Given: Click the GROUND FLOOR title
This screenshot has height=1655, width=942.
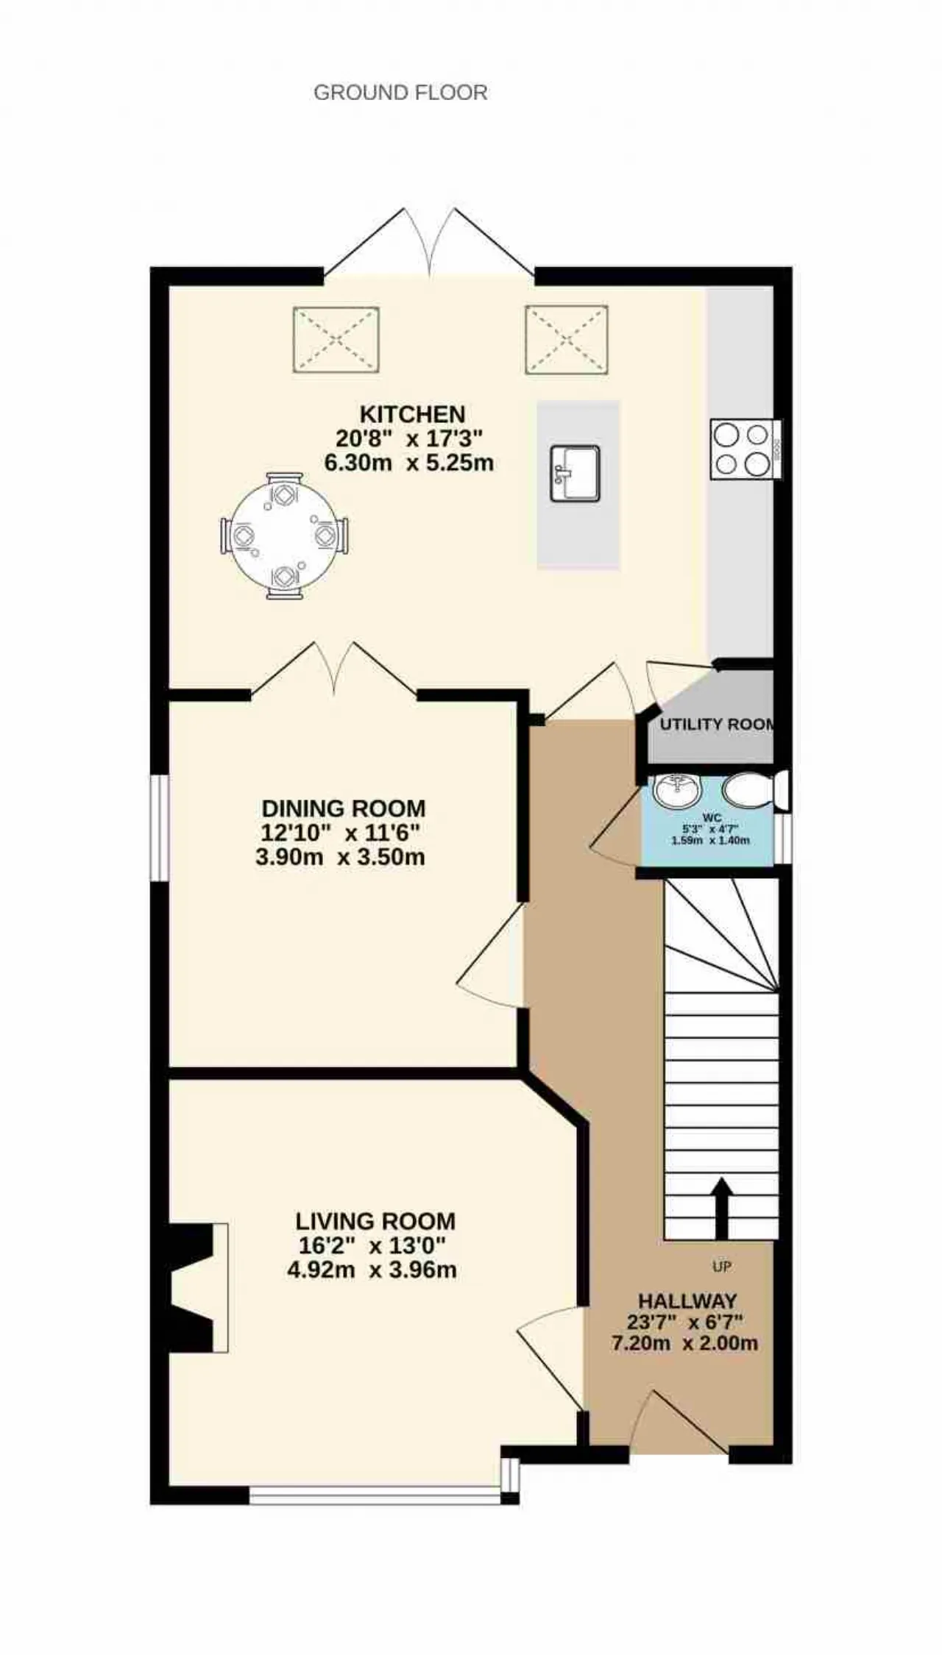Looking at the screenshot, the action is [400, 93].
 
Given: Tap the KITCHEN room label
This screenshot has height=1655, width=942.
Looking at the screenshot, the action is [412, 414].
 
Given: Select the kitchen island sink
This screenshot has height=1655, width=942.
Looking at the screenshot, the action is [575, 474].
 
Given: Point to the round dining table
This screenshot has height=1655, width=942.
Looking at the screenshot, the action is [285, 535].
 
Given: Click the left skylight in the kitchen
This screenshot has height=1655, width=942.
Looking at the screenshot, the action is [336, 340].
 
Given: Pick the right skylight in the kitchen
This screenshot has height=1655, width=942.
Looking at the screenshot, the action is [567, 340].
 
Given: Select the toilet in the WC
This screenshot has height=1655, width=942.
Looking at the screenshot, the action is [754, 789].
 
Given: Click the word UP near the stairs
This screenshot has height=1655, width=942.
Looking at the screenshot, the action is [721, 1267].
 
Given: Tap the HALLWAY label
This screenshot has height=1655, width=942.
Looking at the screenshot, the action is [687, 1300].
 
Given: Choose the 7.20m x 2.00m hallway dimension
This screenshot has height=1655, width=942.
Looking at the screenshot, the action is [684, 1343].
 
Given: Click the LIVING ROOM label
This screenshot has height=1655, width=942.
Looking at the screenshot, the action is [375, 1222].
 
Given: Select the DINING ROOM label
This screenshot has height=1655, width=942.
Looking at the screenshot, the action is [344, 808].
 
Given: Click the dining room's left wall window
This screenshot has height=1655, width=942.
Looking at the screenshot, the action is [160, 827].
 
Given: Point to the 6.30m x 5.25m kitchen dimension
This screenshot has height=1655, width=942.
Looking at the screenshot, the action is [409, 463].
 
